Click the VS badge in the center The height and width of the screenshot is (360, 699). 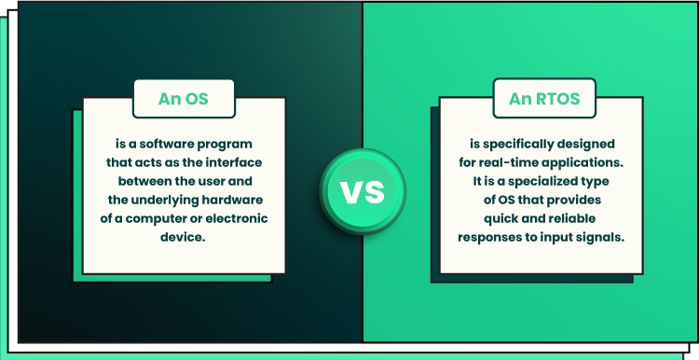point(363,191)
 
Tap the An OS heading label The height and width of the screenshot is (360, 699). point(184,99)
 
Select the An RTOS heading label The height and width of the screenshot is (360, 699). point(544,99)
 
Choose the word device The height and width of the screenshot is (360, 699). point(183,237)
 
